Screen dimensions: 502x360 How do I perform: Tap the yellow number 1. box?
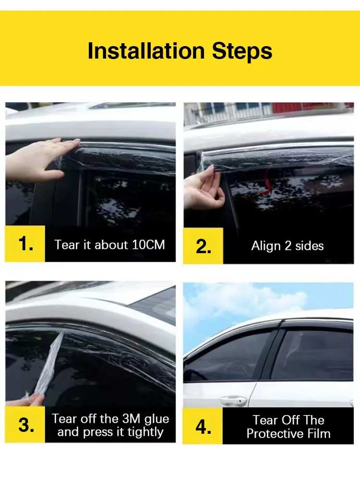point(25,244)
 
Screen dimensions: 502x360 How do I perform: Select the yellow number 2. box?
point(204,245)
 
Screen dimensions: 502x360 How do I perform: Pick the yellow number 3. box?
point(25,425)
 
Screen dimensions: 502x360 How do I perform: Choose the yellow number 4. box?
point(204,426)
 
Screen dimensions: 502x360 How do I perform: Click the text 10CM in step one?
point(148,245)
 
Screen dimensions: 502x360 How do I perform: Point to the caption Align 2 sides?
point(288,246)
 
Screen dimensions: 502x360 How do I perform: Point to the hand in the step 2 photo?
point(202,190)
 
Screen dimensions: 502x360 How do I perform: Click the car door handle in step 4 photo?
point(233,400)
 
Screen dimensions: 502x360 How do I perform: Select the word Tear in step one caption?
point(67,245)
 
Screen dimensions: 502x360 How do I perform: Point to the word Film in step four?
point(319,434)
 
